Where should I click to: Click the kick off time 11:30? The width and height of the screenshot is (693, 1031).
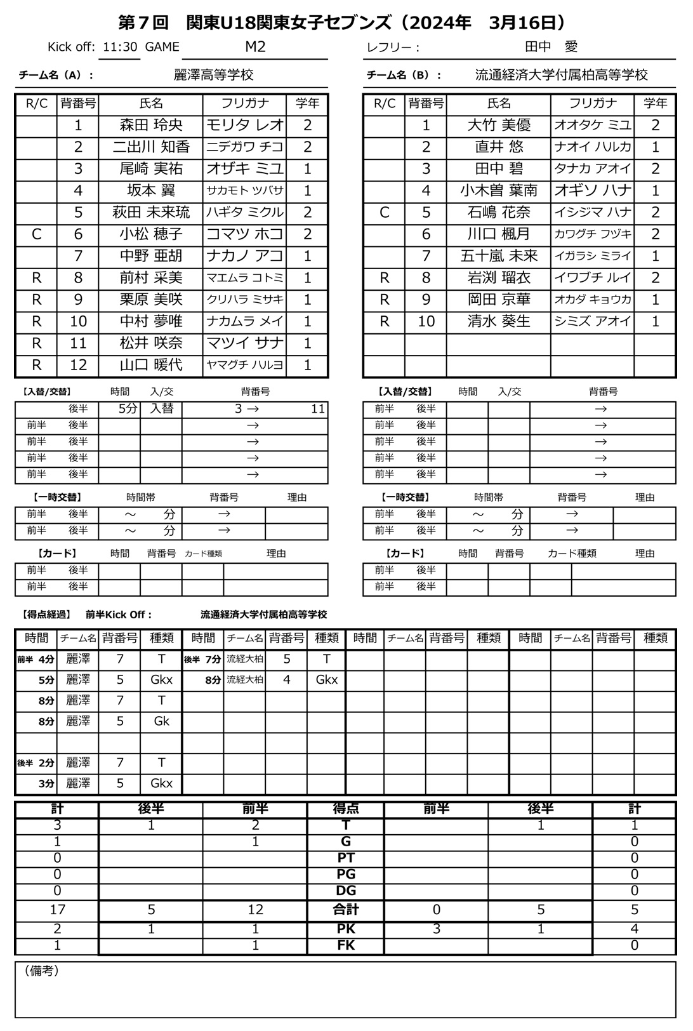pyautogui.click(x=121, y=47)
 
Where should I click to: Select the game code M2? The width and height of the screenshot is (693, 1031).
pyautogui.click(x=255, y=47)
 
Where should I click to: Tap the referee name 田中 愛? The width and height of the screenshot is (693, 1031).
pyautogui.click(x=551, y=47)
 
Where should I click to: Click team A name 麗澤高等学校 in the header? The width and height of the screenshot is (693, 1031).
pyautogui.click(x=214, y=75)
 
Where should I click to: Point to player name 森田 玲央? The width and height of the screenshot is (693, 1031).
pyautogui.click(x=151, y=125)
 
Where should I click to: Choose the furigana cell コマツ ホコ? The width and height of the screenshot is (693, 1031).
pyautogui.click(x=244, y=234)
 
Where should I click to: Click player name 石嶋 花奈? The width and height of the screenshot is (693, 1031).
pyautogui.click(x=499, y=212)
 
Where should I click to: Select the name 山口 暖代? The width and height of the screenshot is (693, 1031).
pyautogui.click(x=151, y=365)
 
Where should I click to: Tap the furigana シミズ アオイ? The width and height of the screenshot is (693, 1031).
pyautogui.click(x=592, y=321)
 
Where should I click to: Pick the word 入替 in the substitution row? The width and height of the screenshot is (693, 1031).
pyautogui.click(x=161, y=409)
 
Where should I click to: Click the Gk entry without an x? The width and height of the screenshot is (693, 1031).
pyautogui.click(x=161, y=721)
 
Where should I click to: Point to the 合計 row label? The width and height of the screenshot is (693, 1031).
pyautogui.click(x=346, y=910)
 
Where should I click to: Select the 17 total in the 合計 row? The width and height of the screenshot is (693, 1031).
pyautogui.click(x=57, y=910)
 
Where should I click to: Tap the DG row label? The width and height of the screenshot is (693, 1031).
pyautogui.click(x=346, y=891)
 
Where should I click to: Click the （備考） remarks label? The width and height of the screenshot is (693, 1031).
pyautogui.click(x=42, y=971)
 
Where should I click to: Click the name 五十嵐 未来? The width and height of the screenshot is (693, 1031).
pyautogui.click(x=499, y=256)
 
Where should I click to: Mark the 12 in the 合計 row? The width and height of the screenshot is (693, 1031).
pyautogui.click(x=255, y=910)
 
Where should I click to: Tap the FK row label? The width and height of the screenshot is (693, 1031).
pyautogui.click(x=346, y=945)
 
